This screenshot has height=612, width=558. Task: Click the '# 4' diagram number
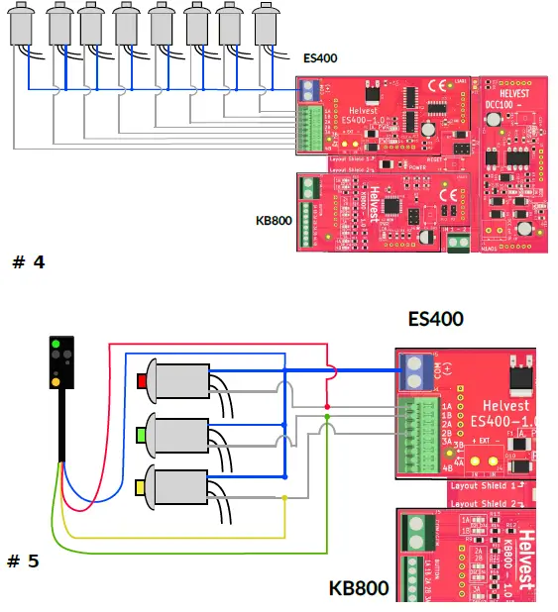point(28,262)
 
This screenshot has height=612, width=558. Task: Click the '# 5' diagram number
point(24,561)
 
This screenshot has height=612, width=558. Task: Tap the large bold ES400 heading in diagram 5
point(436,319)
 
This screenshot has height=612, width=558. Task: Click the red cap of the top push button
point(141,381)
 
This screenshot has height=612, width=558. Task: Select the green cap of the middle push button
point(141,434)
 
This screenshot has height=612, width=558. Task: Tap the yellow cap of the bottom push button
point(141,486)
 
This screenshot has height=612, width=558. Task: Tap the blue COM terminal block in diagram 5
point(412,375)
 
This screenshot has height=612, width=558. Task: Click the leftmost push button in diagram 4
point(24,25)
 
